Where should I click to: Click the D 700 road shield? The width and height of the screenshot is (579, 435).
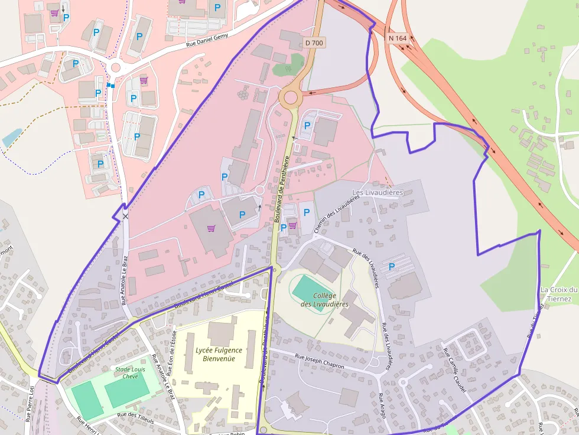click(314, 43)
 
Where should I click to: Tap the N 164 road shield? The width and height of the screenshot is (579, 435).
click(398, 38)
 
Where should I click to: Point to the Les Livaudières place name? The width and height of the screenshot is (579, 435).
click(377, 193)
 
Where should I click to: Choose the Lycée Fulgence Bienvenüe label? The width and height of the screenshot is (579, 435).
click(219, 354)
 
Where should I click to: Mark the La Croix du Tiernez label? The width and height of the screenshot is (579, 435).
click(558, 294)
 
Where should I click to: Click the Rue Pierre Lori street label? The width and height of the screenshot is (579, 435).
click(29, 404)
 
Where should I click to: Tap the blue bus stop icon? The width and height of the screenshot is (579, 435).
click(110, 86)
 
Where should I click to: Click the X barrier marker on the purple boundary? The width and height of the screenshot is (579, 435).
click(125, 217)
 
